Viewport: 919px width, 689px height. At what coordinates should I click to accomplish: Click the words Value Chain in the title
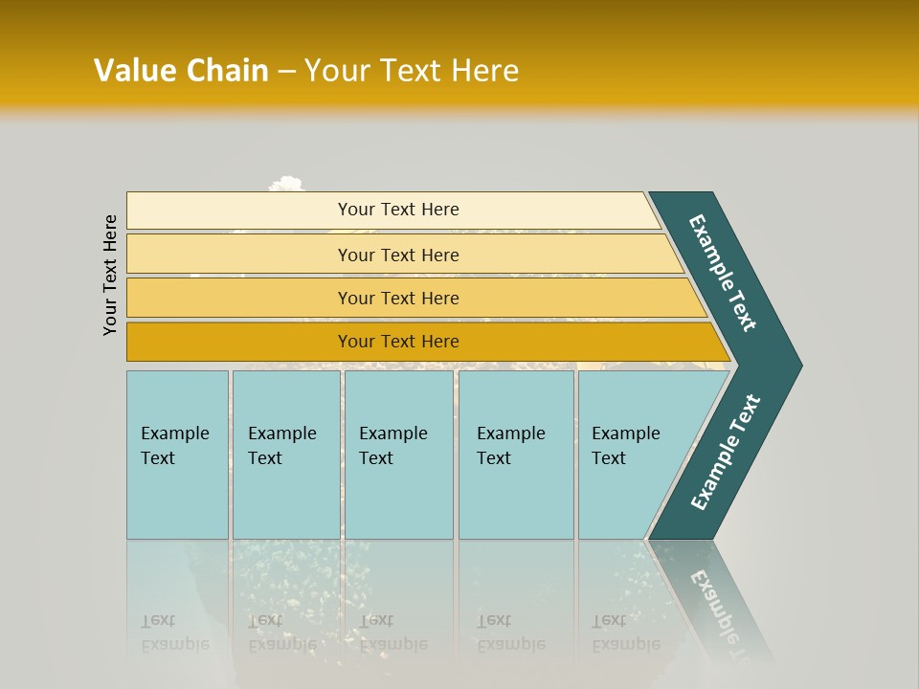point(181,71)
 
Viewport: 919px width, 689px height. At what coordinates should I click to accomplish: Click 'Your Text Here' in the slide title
point(412,71)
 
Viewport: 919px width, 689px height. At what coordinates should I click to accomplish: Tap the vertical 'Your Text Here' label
point(110,275)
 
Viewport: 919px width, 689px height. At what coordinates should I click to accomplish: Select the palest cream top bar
point(398,210)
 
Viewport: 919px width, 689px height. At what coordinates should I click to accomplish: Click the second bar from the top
point(398,255)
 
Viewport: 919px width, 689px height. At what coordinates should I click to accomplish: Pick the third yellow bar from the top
point(398,298)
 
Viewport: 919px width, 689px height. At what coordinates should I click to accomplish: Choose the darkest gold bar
point(398,342)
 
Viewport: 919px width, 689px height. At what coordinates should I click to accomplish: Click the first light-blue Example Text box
point(177,455)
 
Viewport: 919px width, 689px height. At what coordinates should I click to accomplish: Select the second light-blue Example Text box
point(285,455)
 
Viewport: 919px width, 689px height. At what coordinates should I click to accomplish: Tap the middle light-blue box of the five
point(397,455)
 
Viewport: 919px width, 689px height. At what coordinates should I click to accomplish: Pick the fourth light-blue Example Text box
point(515,455)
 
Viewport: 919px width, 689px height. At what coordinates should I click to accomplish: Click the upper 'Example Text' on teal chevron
point(723,273)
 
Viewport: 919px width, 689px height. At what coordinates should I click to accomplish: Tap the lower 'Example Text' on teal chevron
point(725,453)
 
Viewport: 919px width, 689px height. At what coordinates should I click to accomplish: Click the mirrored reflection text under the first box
point(174,633)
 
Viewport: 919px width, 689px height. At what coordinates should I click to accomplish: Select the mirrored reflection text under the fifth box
point(625,633)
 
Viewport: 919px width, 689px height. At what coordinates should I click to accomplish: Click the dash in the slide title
point(286,71)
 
